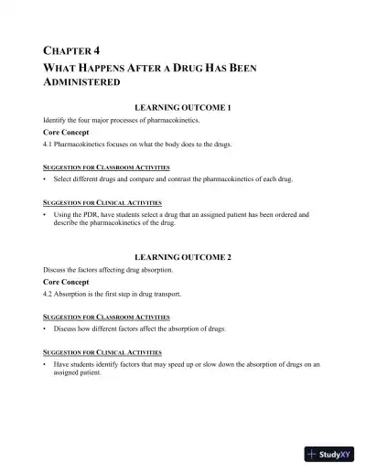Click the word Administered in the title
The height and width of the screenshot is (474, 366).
82,82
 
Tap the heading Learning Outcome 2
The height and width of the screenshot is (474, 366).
183,257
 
